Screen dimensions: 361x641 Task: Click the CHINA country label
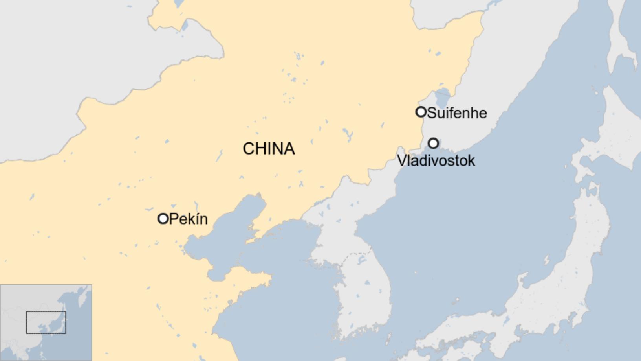click(x=269, y=149)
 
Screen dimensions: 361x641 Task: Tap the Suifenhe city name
click(x=457, y=113)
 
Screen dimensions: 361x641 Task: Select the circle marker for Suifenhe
click(x=421, y=112)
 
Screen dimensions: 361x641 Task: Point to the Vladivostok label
click(x=436, y=160)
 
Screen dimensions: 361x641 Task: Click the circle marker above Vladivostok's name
click(x=433, y=143)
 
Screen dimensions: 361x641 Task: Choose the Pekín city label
click(x=188, y=219)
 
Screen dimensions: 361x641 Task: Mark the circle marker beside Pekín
click(x=163, y=219)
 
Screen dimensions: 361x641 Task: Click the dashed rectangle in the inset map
click(x=46, y=322)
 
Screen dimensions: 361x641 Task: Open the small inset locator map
click(x=46, y=322)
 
